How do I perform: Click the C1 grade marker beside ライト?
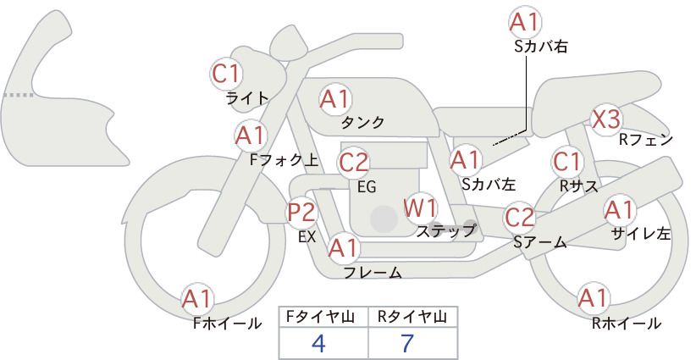tap(226, 74)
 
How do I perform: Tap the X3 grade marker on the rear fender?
tap(606, 119)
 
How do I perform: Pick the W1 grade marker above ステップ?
tap(420, 208)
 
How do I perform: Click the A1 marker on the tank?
tap(335, 99)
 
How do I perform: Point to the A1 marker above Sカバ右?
tap(525, 22)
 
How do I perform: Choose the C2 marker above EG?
tap(354, 163)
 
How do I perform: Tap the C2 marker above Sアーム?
tap(520, 218)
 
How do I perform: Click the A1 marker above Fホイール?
tap(197, 299)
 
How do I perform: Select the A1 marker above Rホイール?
tap(594, 298)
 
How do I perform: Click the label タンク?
tap(362, 123)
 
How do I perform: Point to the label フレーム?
tap(373, 273)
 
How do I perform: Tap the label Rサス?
tap(579, 186)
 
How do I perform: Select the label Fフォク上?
tap(284, 160)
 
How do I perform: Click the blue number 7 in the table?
tap(407, 343)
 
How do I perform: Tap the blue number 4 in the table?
tap(318, 343)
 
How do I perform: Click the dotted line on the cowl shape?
tap(19, 95)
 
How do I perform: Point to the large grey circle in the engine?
tap(384, 219)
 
